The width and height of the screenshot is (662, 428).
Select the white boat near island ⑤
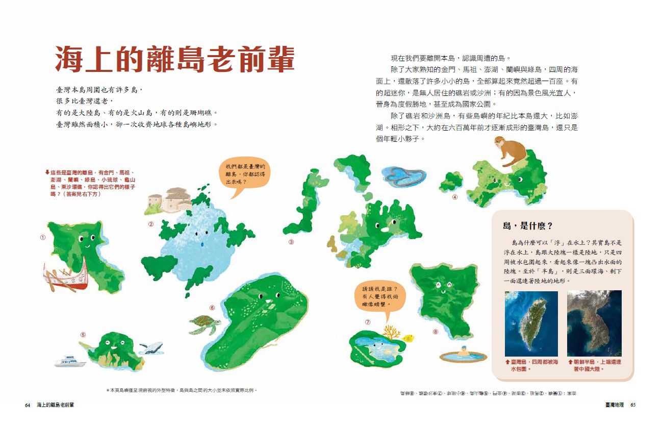70,362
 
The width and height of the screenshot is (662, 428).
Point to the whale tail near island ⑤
151,348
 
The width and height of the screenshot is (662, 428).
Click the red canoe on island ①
67,281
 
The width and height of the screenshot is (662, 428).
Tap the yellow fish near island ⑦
408,338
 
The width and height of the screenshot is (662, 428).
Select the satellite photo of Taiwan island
531,323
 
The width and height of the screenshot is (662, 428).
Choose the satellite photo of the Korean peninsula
594,323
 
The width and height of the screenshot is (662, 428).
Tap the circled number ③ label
291,242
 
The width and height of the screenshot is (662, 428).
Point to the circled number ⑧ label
435,332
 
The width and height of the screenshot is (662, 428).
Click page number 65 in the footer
633,405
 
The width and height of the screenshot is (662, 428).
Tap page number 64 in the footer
28,405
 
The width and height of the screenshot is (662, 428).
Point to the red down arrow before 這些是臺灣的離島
47,172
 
